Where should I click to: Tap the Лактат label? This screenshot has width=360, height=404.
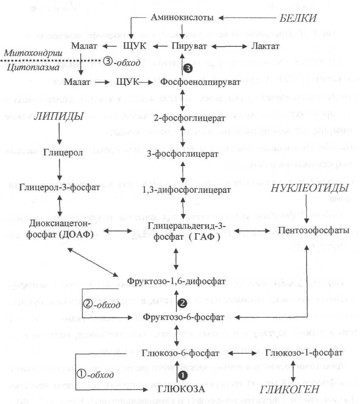pyautogui.click(x=265, y=47)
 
